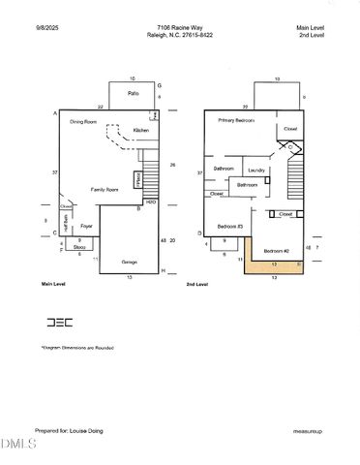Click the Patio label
(133, 94)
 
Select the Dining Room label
(83, 122)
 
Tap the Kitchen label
(141, 130)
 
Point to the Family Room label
(105, 189)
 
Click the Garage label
(129, 262)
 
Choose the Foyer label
(85, 230)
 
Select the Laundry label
(256, 170)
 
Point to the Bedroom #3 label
(230, 226)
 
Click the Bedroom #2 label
(277, 251)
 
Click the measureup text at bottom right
(307, 430)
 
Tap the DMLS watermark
(17, 444)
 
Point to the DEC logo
(59, 323)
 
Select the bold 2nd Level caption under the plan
(197, 285)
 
